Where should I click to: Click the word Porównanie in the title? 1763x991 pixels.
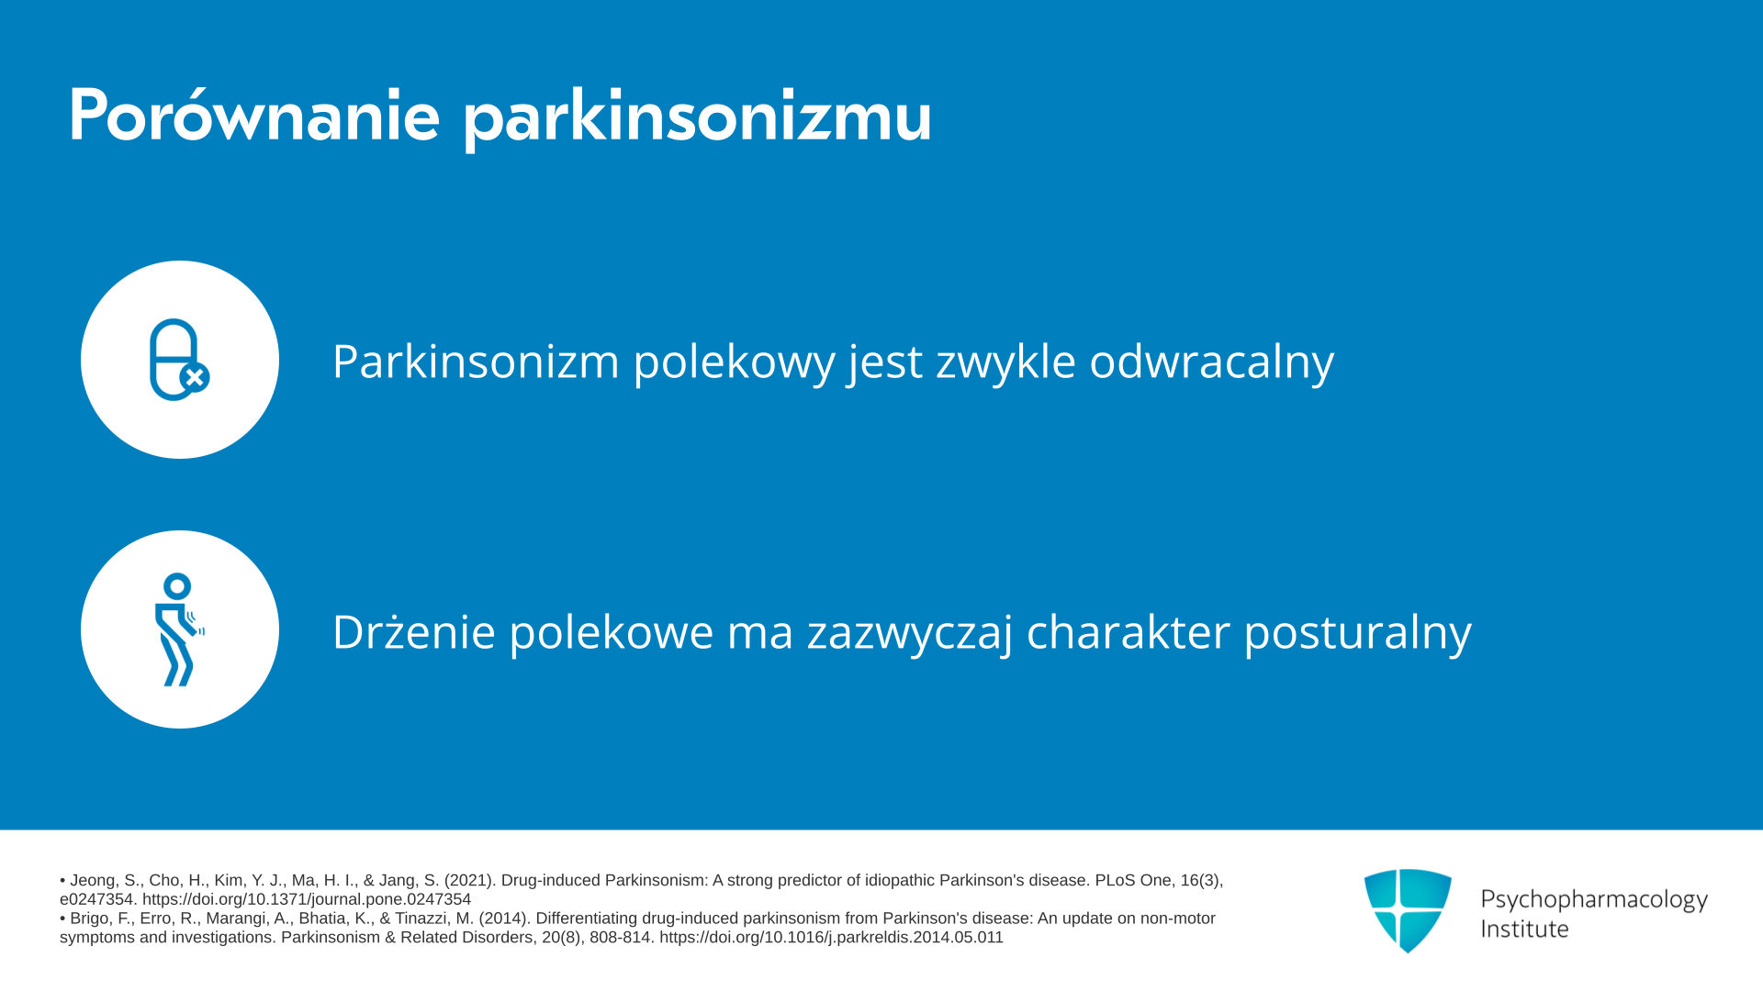[254, 116]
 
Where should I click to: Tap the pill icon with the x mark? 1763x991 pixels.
[179, 360]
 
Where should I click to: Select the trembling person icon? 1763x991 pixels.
[179, 629]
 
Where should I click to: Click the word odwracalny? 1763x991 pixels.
[1211, 362]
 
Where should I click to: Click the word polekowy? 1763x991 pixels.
[734, 362]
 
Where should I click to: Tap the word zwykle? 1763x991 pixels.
[1005, 362]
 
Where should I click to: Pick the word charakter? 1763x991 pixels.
[1128, 631]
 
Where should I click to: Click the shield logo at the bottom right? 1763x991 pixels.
[1408, 910]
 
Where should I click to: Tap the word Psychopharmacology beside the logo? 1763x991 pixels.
[1594, 899]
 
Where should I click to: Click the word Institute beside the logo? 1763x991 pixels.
[1524, 929]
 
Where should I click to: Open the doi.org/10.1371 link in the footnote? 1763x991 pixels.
[307, 900]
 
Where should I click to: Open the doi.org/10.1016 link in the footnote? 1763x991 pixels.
[831, 938]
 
